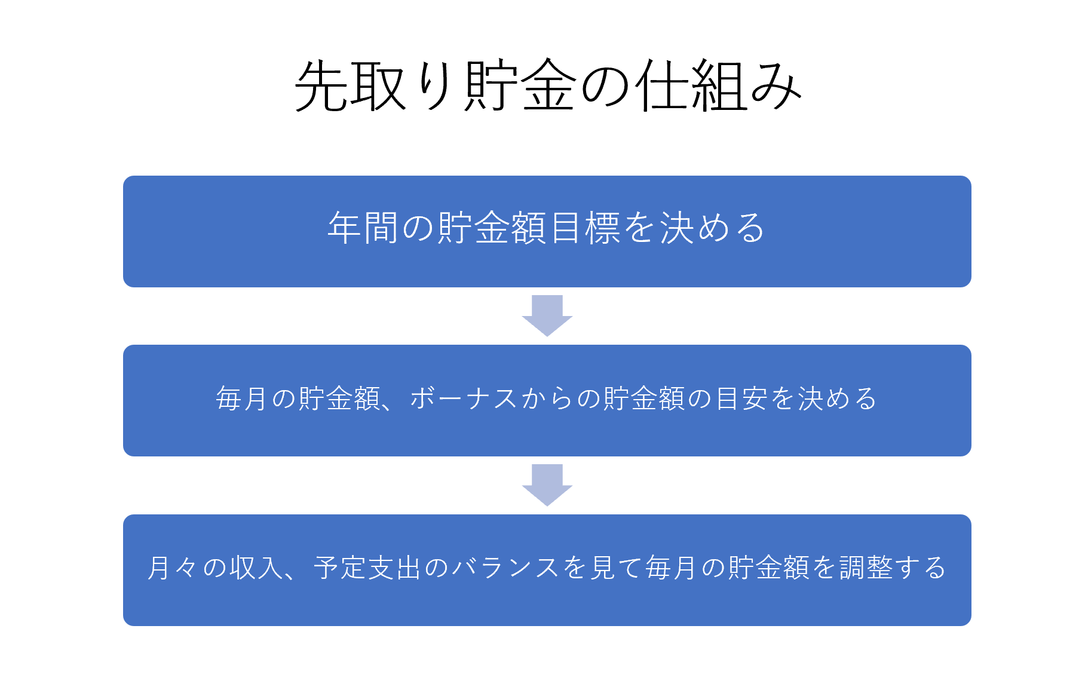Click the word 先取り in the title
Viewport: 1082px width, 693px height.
pyautogui.click(x=373, y=86)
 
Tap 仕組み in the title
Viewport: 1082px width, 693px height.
pyautogui.click(x=718, y=86)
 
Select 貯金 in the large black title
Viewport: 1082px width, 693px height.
pyautogui.click(x=520, y=86)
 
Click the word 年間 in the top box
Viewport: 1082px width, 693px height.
pyautogui.click(x=363, y=228)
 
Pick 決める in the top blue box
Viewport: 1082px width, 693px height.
pyautogui.click(x=713, y=228)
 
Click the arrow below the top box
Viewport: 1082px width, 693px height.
pyautogui.click(x=547, y=315)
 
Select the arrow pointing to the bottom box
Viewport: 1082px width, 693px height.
pyautogui.click(x=547, y=485)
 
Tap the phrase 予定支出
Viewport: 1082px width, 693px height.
pyautogui.click(x=368, y=568)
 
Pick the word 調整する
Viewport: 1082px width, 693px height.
pyautogui.click(x=893, y=568)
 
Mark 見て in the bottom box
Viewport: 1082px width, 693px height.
pyautogui.click(x=615, y=568)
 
